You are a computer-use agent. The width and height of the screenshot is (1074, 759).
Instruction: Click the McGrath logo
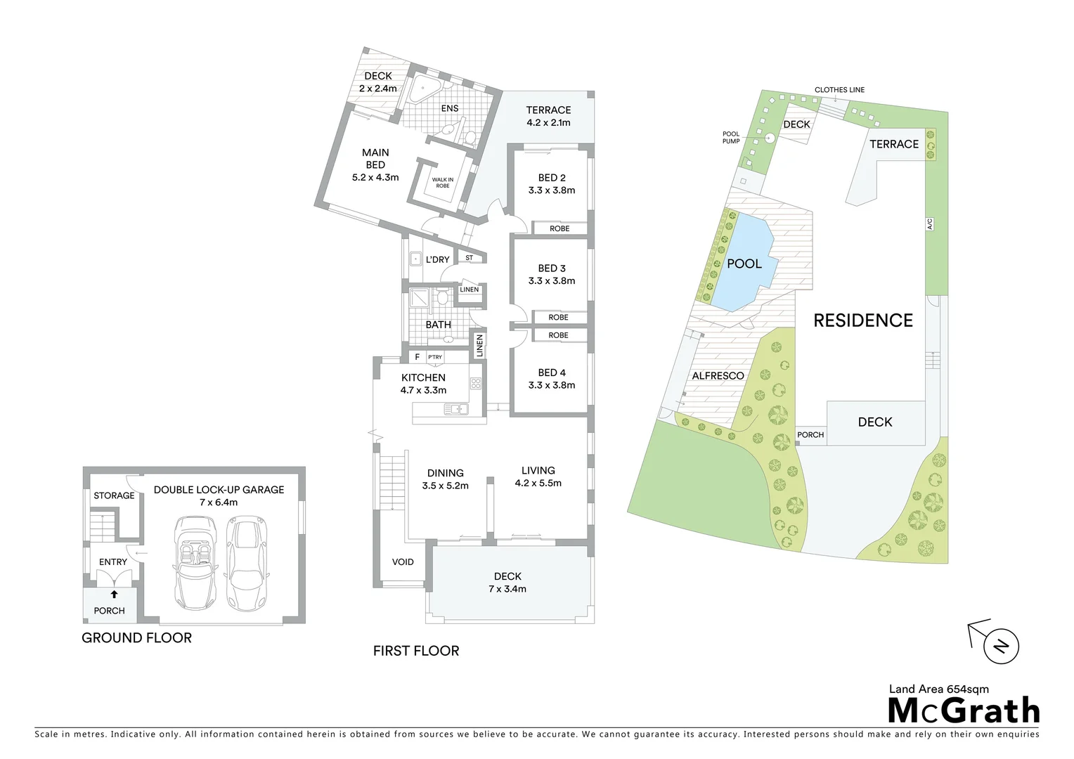tap(963, 711)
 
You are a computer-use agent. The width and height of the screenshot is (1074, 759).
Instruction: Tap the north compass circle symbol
tap(1001, 647)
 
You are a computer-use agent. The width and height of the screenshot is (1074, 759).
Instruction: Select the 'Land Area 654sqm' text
tap(938, 689)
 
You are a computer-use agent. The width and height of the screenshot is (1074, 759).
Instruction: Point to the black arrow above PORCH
tap(114, 595)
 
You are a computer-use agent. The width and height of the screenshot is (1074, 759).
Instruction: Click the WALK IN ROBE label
tap(442, 183)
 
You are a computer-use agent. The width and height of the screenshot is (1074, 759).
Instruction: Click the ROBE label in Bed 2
tap(559, 228)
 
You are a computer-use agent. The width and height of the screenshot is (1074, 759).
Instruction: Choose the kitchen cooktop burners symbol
tap(476, 384)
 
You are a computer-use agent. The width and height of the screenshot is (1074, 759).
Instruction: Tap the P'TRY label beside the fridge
tap(435, 357)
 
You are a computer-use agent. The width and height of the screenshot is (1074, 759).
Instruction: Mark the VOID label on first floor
tap(403, 562)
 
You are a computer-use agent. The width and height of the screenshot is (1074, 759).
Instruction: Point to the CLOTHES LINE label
tap(839, 90)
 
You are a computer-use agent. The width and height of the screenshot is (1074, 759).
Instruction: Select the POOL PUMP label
tap(731, 138)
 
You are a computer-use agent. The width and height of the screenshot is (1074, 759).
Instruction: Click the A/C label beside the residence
tap(929, 224)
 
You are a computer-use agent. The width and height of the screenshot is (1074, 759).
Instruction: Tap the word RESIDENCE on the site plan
tap(862, 320)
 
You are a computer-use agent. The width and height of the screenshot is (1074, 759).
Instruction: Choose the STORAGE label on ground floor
tap(114, 495)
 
